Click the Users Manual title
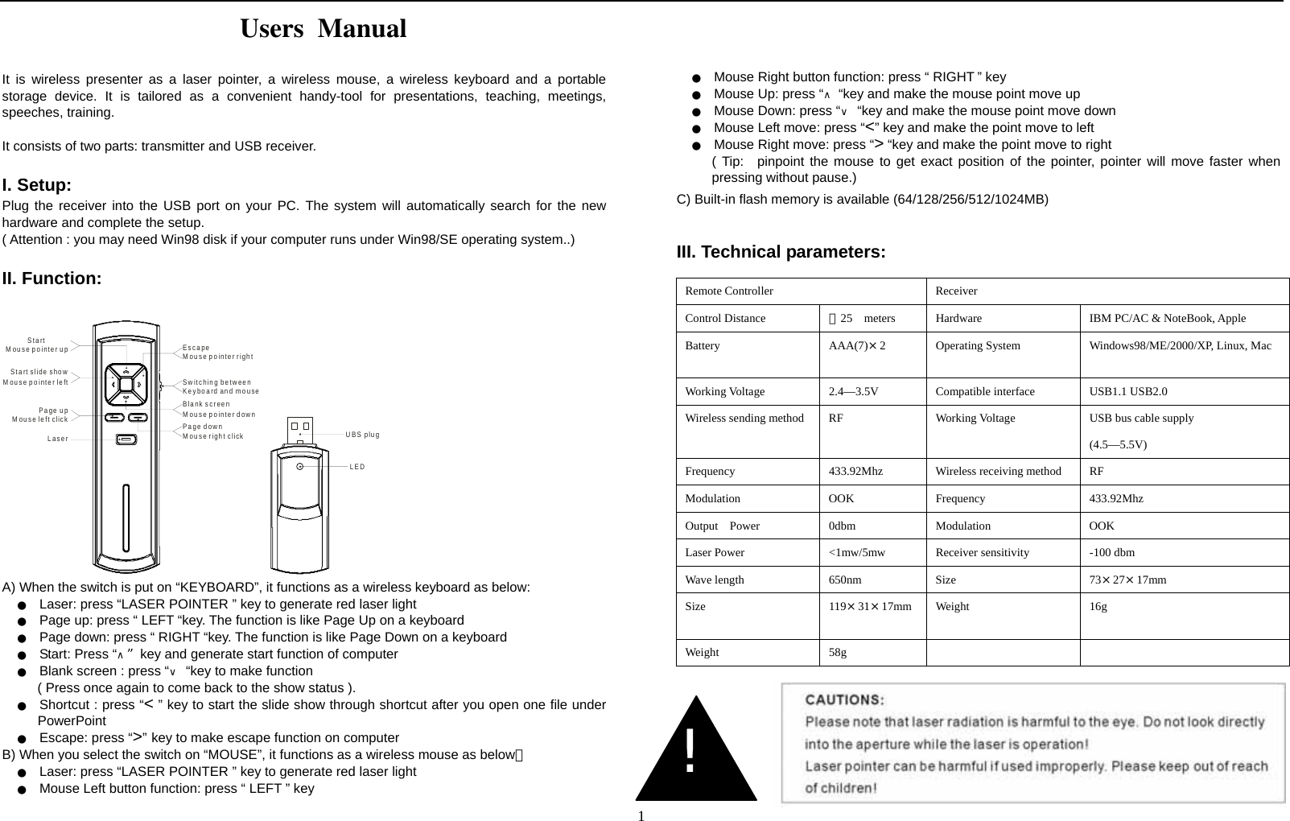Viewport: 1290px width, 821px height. click(324, 30)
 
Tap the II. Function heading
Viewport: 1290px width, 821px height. click(52, 279)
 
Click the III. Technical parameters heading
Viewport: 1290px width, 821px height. click(781, 252)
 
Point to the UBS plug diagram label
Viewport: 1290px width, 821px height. click(362, 435)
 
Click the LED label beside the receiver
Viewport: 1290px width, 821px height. click(357, 467)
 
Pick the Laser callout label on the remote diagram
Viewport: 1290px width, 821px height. click(57, 439)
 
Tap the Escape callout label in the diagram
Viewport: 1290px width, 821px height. click(196, 348)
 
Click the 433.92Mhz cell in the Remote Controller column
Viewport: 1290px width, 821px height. click(855, 472)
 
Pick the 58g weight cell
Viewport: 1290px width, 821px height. click(837, 653)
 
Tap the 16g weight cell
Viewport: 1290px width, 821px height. click(1098, 607)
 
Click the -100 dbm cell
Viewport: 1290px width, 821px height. click(1111, 553)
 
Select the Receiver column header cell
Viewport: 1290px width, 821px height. click(956, 291)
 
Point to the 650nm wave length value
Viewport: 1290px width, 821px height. click(844, 580)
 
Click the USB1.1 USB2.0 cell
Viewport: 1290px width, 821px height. click(1128, 392)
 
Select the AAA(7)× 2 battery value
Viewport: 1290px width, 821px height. click(856, 346)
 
